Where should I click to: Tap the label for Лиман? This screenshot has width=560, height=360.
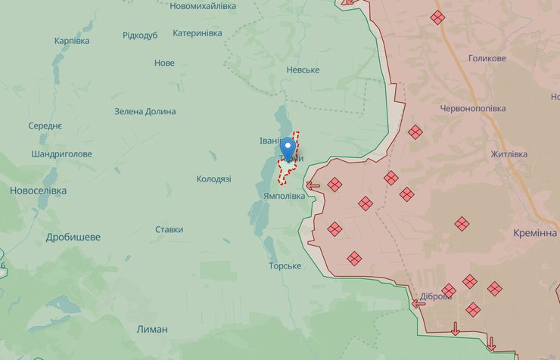[152, 329]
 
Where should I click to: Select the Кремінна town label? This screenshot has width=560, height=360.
[534, 233]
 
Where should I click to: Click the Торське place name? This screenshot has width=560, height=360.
[285, 266]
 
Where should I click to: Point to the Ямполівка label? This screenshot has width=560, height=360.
[285, 196]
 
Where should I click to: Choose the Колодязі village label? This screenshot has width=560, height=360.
[213, 179]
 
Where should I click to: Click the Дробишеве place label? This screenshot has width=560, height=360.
[73, 237]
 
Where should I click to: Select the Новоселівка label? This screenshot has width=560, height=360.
[38, 191]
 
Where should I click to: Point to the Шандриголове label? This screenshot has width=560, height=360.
[62, 154]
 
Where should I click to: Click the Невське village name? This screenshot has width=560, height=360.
[303, 70]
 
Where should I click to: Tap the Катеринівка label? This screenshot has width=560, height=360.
[198, 33]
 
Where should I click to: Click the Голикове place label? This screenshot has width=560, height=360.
[487, 58]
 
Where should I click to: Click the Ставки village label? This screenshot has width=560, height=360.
[169, 229]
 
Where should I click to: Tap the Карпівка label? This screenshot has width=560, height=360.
[72, 41]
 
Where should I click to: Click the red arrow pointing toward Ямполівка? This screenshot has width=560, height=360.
[313, 185]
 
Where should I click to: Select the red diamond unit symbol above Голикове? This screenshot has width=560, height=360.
[437, 17]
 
